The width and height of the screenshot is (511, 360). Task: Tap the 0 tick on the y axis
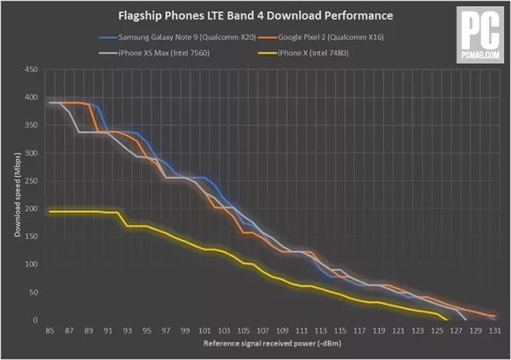point(35,320)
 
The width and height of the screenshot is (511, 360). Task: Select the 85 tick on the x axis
point(50,331)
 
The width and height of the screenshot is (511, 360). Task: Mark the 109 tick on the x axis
point(281,331)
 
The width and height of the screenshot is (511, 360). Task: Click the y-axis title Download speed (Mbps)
point(14,195)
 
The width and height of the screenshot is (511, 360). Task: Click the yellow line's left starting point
point(50,211)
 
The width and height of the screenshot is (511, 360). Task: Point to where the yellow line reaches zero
point(445,319)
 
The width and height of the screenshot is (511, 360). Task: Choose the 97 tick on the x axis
point(165,331)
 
